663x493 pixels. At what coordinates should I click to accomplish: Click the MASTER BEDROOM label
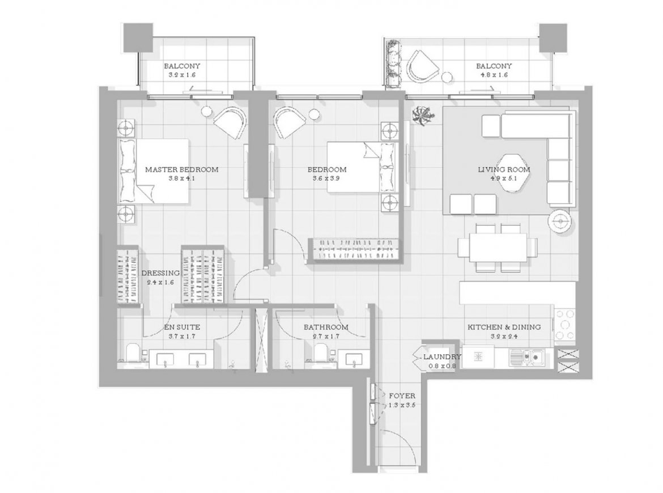182,169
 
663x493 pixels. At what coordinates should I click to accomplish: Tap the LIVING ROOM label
504,169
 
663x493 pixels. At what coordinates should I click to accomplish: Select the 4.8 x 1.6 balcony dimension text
494,75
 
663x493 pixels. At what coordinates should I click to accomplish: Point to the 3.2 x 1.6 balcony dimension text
182,75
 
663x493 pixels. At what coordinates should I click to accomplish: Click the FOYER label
402,396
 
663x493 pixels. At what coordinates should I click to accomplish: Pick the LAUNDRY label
442,357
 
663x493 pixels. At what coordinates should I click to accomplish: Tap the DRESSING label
161,273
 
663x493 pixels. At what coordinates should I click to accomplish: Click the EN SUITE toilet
133,353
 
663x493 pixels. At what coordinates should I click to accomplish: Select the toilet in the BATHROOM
321,353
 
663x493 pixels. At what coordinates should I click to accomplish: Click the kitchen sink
527,357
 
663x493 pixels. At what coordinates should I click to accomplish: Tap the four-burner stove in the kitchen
565,325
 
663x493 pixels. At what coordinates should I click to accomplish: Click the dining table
498,247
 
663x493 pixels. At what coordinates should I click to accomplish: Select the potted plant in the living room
422,114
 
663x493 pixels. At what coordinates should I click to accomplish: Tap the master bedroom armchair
229,122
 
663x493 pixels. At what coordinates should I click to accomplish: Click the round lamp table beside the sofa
561,220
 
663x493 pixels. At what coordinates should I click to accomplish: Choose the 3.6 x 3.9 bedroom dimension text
326,178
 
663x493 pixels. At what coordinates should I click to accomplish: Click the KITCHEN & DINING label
504,327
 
